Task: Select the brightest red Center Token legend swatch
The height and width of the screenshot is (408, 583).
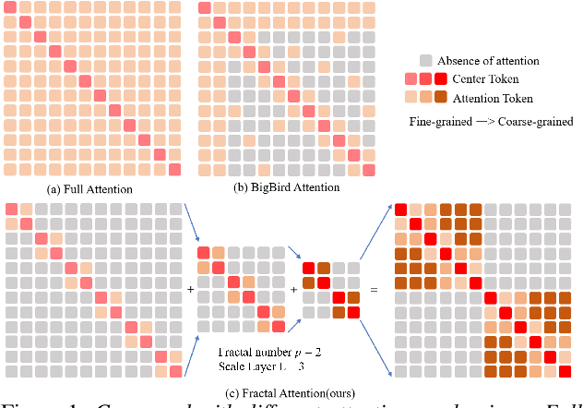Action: (441, 79)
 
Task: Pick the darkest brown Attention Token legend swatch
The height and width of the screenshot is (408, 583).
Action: (441, 98)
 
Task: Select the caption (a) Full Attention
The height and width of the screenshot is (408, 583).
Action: (89, 189)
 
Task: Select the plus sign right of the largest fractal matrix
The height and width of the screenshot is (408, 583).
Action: (191, 289)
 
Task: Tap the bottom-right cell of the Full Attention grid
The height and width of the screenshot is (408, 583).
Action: (174, 169)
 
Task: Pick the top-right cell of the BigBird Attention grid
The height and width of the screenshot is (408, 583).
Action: (369, 7)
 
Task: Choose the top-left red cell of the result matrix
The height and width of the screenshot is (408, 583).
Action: (401, 211)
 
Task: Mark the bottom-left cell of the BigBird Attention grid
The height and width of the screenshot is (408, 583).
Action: (205, 169)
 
